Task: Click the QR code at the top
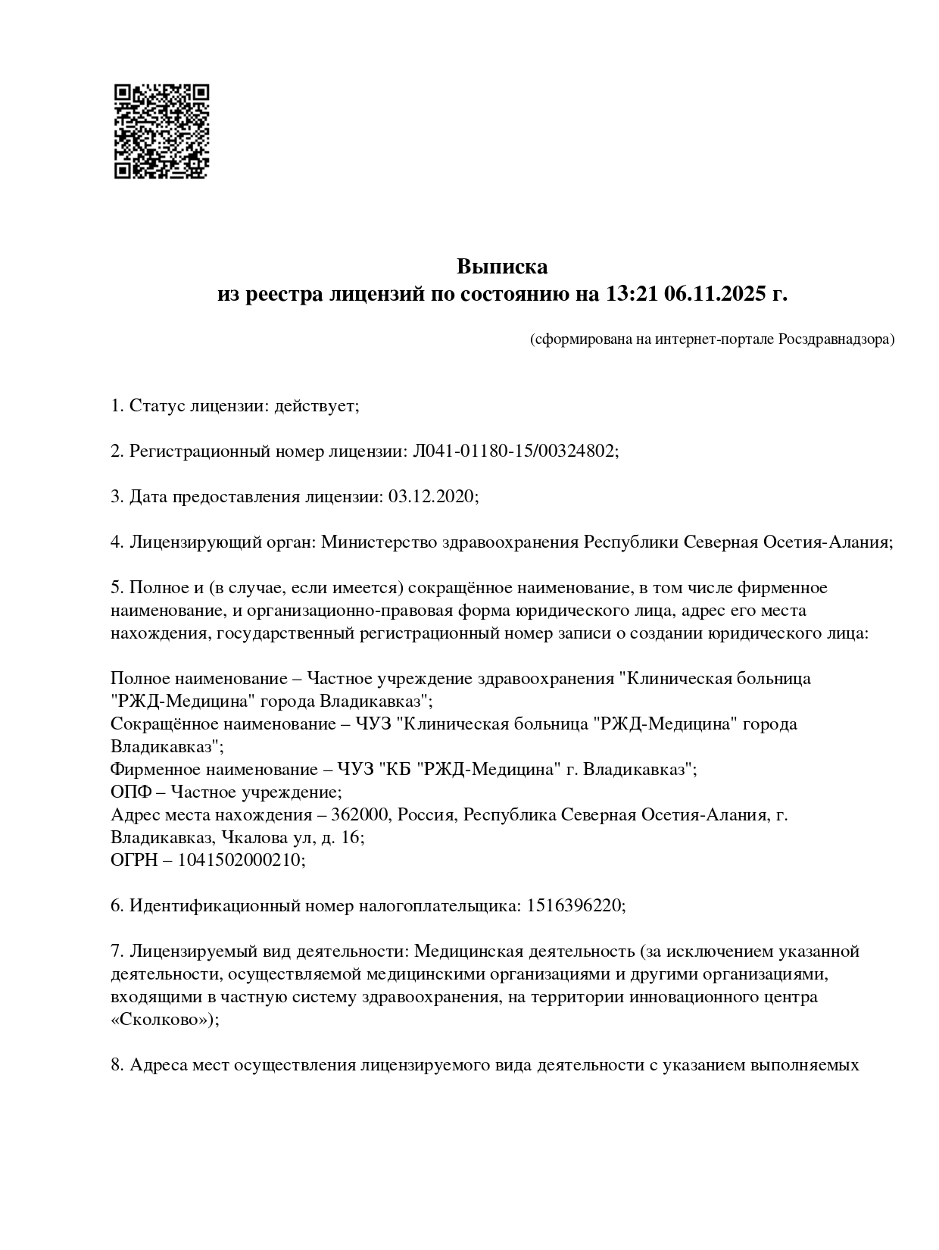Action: coord(161,131)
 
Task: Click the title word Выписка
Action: coord(501,267)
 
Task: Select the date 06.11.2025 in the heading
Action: coord(715,294)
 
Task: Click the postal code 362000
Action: coord(360,815)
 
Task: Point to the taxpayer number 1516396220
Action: coord(574,906)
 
